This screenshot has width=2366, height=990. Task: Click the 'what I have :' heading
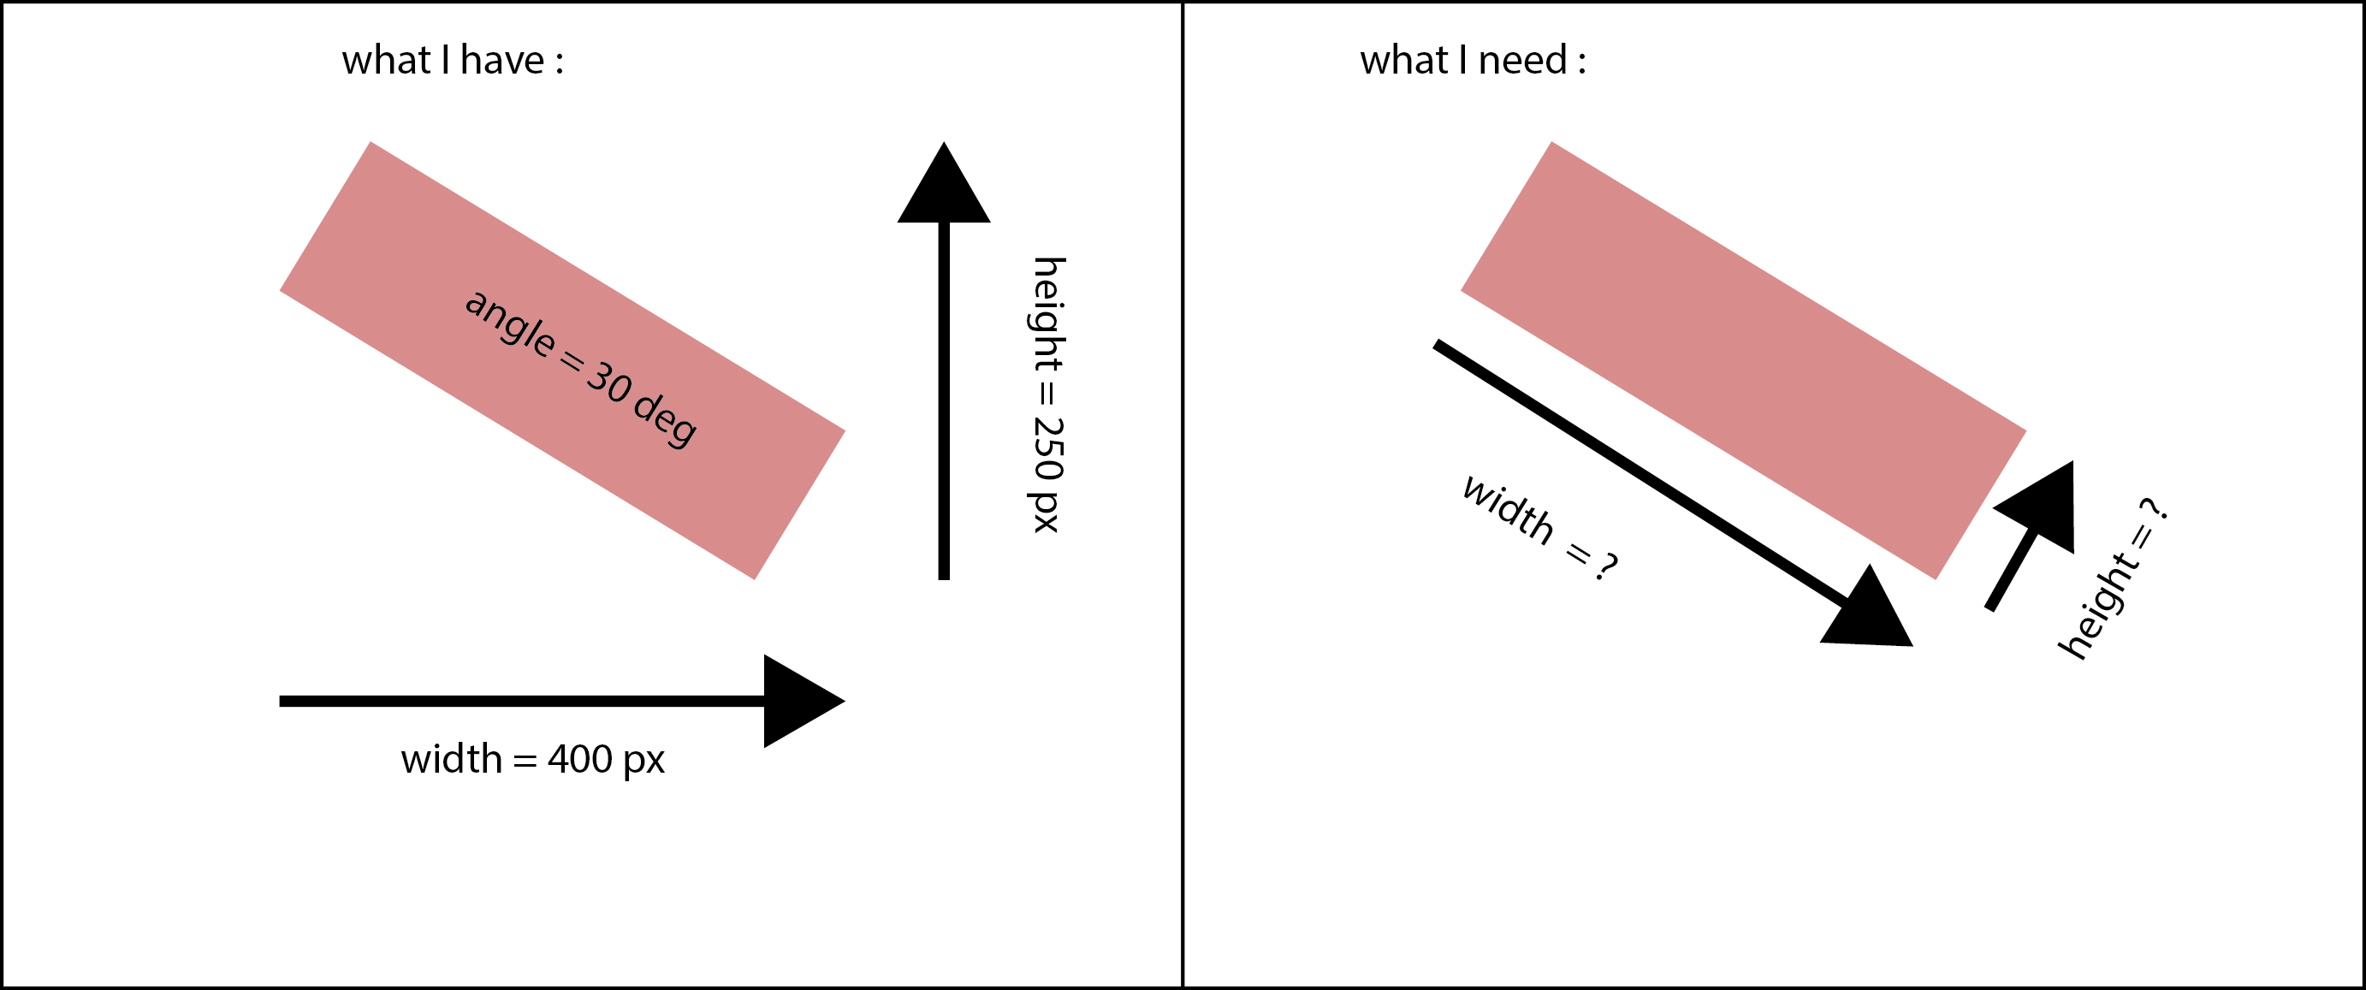pos(453,61)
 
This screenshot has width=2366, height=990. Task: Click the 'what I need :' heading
pos(1473,61)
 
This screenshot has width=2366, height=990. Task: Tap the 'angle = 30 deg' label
pos(580,369)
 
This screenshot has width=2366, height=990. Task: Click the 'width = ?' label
pos(1539,528)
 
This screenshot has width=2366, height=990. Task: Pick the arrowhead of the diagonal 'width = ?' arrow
pos(1869,614)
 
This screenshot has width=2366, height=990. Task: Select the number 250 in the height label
pos(1048,450)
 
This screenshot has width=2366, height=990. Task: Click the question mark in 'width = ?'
pos(1605,567)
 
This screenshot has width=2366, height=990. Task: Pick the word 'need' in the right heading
pos(1522,61)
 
